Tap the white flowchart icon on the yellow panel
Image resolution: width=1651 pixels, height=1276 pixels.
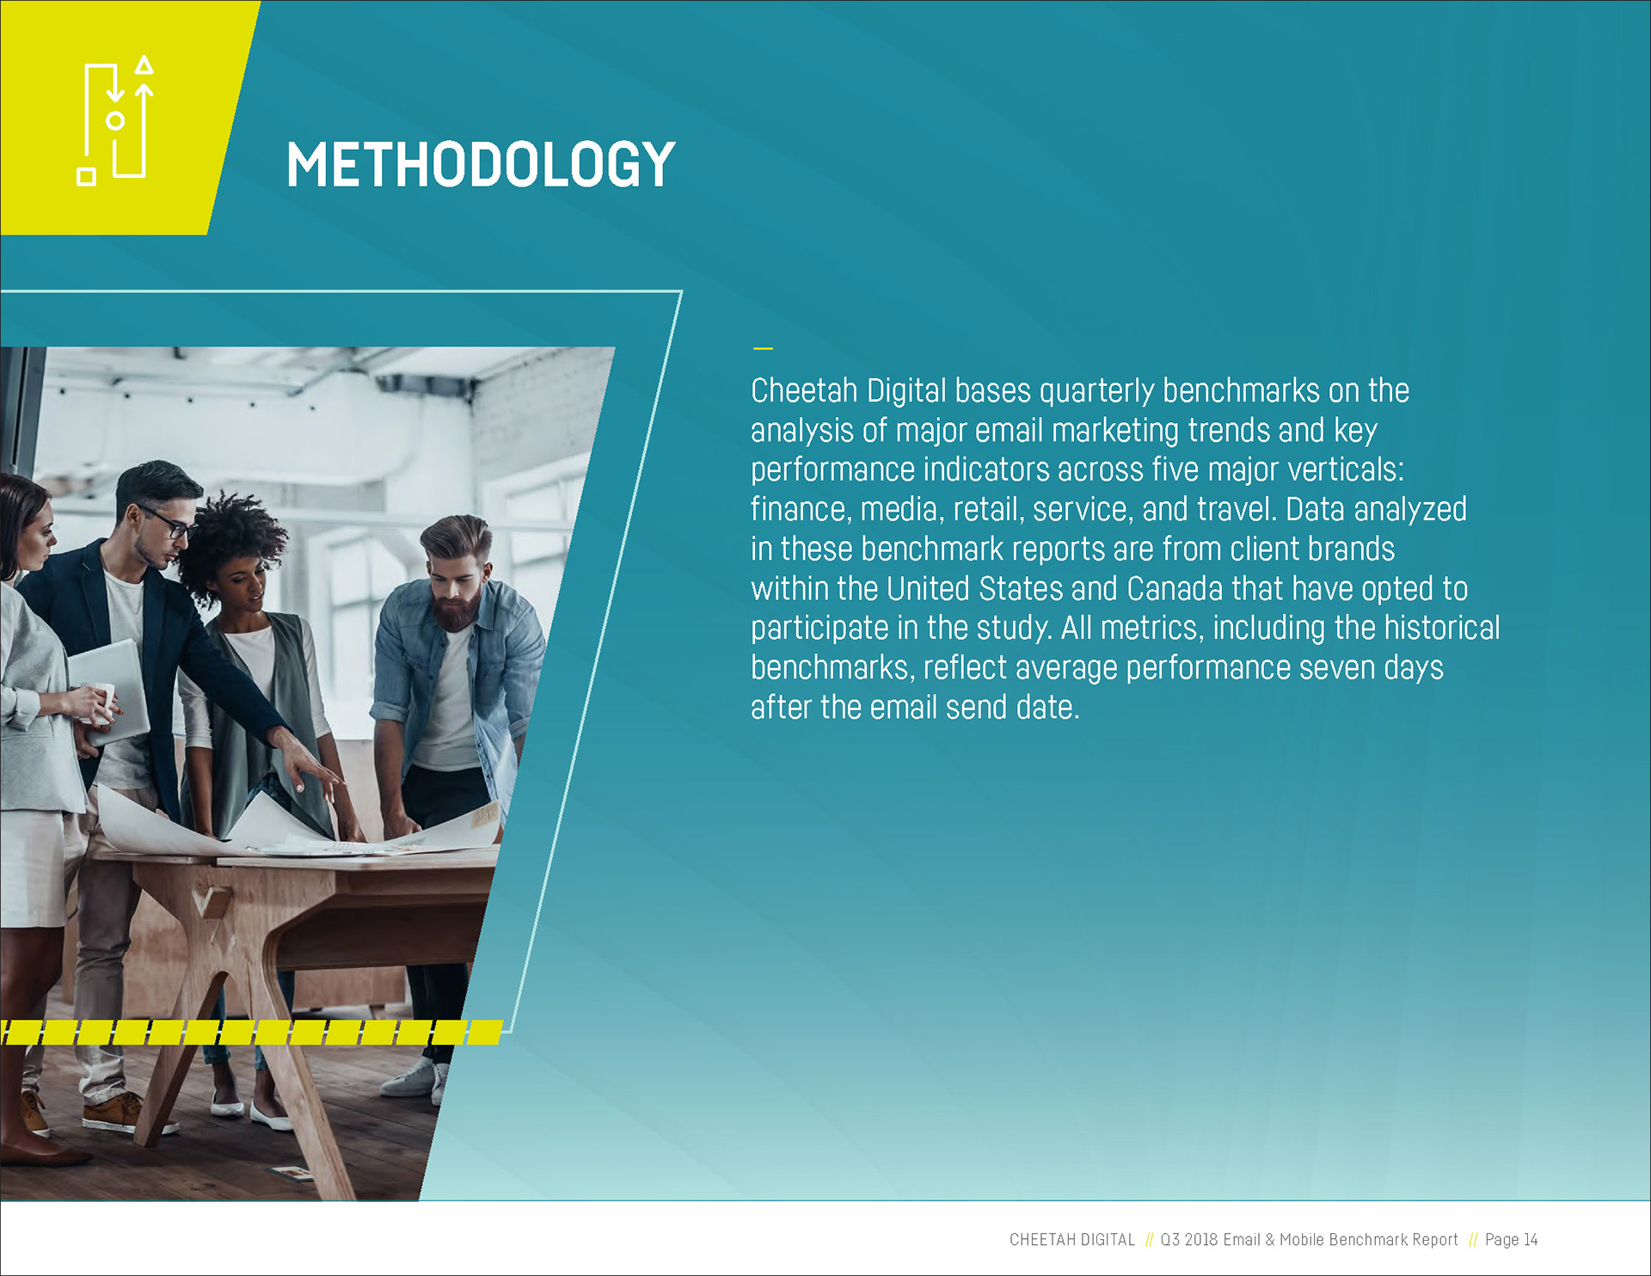[115, 120]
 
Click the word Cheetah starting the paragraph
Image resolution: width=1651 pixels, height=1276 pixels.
[804, 390]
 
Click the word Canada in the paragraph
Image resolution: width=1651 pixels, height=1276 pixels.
[1175, 588]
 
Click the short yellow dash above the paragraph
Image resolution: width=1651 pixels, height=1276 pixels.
[763, 348]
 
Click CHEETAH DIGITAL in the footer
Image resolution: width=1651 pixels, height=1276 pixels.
[1071, 1239]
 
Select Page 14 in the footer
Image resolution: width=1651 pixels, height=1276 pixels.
[1511, 1239]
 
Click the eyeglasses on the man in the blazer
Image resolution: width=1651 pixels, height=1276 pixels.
[167, 521]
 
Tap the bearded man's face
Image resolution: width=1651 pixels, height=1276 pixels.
[456, 585]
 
